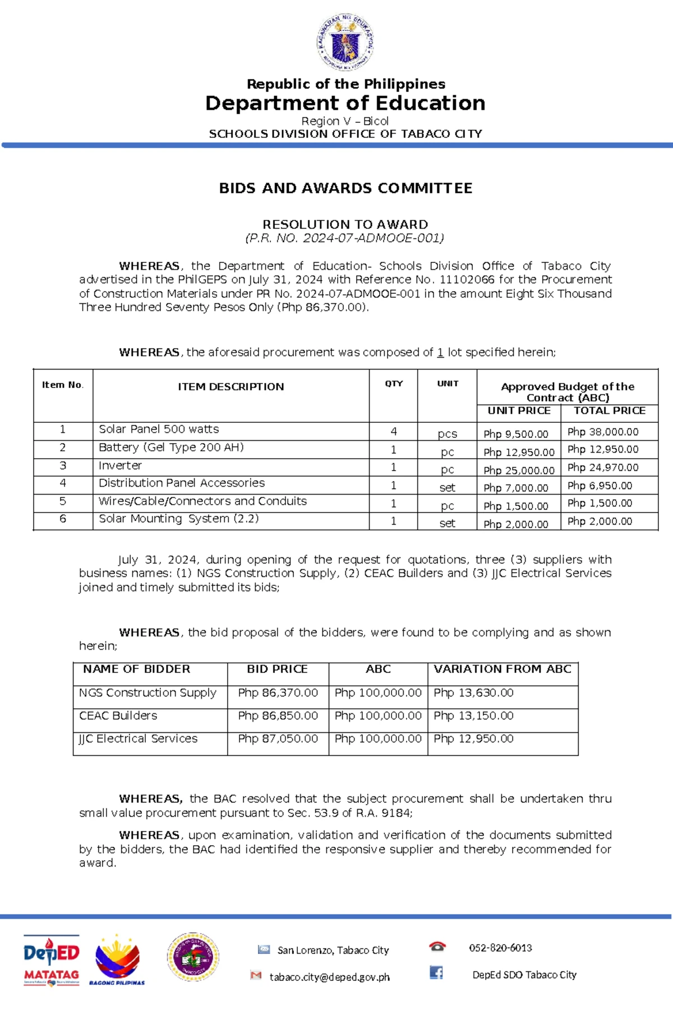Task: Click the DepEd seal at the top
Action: [x=345, y=43]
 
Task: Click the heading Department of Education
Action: [x=345, y=103]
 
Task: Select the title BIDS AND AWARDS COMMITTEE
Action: [x=345, y=188]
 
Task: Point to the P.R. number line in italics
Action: [x=344, y=238]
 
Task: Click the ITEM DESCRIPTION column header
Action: [x=231, y=387]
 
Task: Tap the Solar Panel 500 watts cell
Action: [x=159, y=430]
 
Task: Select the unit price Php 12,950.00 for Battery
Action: [x=519, y=453]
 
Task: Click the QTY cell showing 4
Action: [x=393, y=431]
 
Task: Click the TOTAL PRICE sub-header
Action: [x=609, y=411]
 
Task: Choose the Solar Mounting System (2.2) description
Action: [x=178, y=519]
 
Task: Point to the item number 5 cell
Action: [x=63, y=501]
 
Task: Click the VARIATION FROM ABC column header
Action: [x=502, y=669]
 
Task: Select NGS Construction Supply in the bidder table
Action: [x=147, y=693]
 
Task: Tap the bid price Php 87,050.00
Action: [x=278, y=739]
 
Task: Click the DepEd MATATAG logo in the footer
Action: [x=51, y=960]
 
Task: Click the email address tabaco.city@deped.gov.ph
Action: [x=329, y=977]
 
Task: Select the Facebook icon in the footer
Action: [x=436, y=973]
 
